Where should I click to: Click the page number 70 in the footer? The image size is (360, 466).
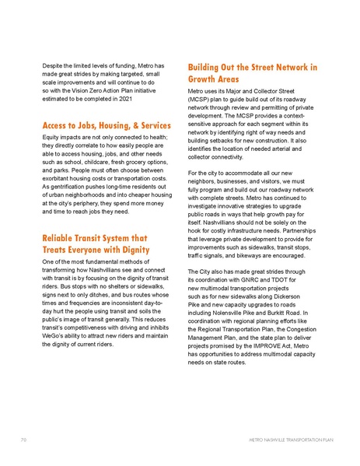click(24, 440)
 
